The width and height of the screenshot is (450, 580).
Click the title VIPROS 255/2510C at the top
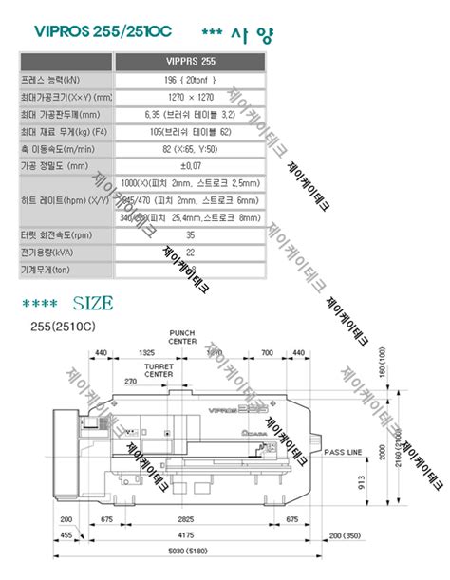103,31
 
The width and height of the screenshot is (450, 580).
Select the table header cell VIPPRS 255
190,63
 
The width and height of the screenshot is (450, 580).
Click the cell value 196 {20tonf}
190,81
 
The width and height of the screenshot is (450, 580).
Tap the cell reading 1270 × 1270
190,97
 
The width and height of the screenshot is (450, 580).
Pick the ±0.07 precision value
190,164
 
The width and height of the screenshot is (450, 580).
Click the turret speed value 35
190,234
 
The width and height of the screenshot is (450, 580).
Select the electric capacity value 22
190,252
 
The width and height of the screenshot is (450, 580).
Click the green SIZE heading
92,304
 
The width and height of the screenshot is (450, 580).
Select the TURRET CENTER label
159,369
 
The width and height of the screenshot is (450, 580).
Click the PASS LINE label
345,453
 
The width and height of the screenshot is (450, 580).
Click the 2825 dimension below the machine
186,521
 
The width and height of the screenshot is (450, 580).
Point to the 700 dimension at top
267,353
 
